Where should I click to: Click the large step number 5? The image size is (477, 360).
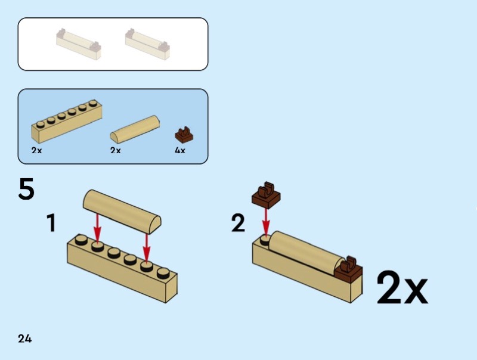click(x=26, y=189)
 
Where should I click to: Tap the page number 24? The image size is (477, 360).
click(x=24, y=339)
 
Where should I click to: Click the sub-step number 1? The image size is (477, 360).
click(x=51, y=223)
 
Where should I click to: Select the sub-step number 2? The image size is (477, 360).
click(x=238, y=223)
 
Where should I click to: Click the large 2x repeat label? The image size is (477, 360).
click(x=402, y=288)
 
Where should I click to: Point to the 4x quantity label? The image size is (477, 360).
click(x=180, y=150)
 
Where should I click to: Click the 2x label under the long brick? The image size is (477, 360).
click(x=36, y=150)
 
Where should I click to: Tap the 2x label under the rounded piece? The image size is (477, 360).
click(x=116, y=150)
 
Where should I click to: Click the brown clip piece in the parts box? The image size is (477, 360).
click(x=184, y=135)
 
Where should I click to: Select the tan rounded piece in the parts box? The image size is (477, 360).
click(x=135, y=129)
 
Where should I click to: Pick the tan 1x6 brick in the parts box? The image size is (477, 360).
click(x=67, y=121)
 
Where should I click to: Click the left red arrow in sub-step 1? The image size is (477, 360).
click(x=97, y=228)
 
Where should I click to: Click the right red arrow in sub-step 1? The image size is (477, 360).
click(x=147, y=247)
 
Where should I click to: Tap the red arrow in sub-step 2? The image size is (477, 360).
click(x=266, y=221)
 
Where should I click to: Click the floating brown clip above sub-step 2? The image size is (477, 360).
click(x=266, y=195)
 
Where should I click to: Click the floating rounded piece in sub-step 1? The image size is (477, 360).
click(x=122, y=212)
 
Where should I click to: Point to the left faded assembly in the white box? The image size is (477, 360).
click(x=79, y=44)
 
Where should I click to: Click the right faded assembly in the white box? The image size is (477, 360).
click(x=147, y=44)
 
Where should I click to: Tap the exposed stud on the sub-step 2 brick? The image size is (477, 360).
click(x=265, y=241)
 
